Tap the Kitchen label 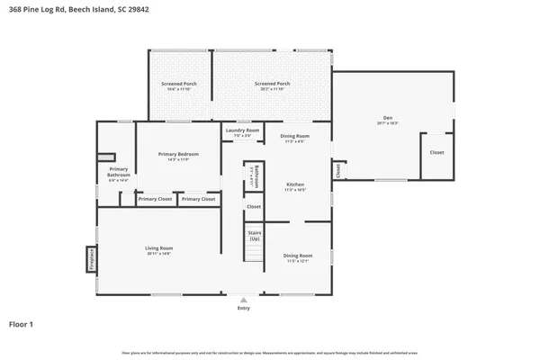[295, 185]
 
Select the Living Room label [158, 249]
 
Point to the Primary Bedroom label [178, 156]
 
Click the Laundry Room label [241, 132]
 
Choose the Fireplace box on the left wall [91, 260]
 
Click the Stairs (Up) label [254, 235]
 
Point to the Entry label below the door [243, 308]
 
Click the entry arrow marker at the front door [243, 300]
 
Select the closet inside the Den [436, 153]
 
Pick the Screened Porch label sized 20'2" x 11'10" [271, 85]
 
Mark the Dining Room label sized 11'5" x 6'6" [294, 138]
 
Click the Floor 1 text [22, 323]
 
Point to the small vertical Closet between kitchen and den [337, 168]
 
